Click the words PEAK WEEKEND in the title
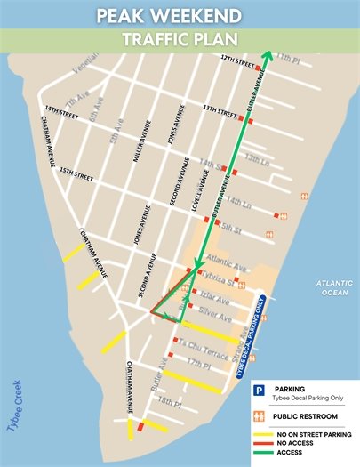(180, 15)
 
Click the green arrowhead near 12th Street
(264, 54)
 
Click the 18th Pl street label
(169, 400)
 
